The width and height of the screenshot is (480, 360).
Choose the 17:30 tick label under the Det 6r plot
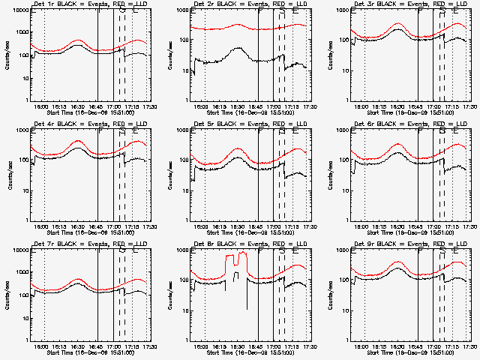(471, 226)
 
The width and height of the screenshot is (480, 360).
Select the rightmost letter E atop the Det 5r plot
(295, 132)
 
